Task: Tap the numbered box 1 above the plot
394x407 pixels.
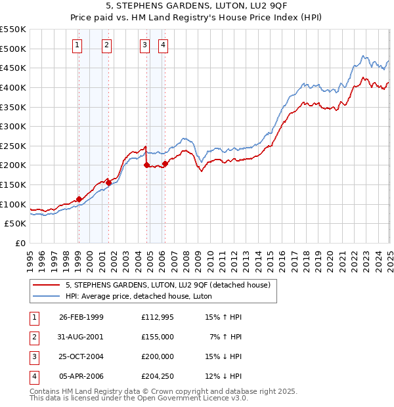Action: [x=78, y=45]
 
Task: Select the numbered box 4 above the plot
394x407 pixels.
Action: [x=163, y=45]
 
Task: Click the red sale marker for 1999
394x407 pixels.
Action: [x=79, y=199]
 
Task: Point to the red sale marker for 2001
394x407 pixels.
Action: [x=109, y=182]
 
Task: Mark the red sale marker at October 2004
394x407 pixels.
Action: [x=146, y=165]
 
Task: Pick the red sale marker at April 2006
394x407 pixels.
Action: [x=164, y=163]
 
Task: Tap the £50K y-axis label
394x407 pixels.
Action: [x=15, y=224]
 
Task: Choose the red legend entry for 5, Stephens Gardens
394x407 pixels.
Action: [x=168, y=285]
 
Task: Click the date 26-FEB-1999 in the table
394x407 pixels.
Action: [x=81, y=317]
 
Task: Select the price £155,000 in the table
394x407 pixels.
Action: [x=158, y=336]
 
